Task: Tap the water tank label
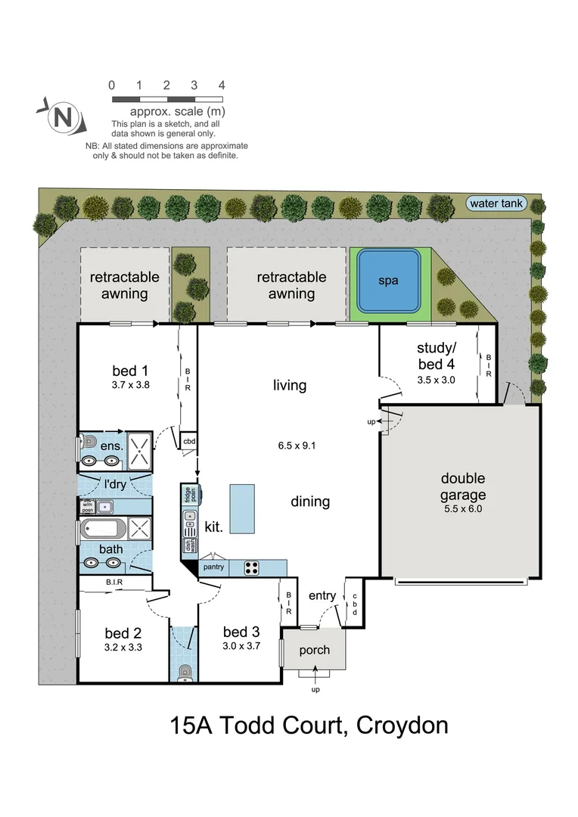tap(496, 203)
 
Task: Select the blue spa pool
tap(389, 281)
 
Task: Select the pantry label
tap(213, 567)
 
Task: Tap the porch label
tap(315, 650)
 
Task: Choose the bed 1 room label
tap(129, 371)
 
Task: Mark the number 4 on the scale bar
tap(222, 85)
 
